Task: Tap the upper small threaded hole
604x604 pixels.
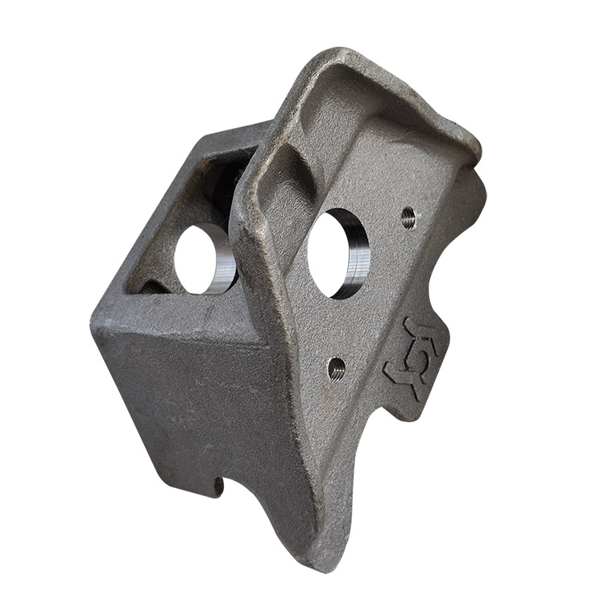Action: [408, 217]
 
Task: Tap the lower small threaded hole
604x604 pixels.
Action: [337, 369]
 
